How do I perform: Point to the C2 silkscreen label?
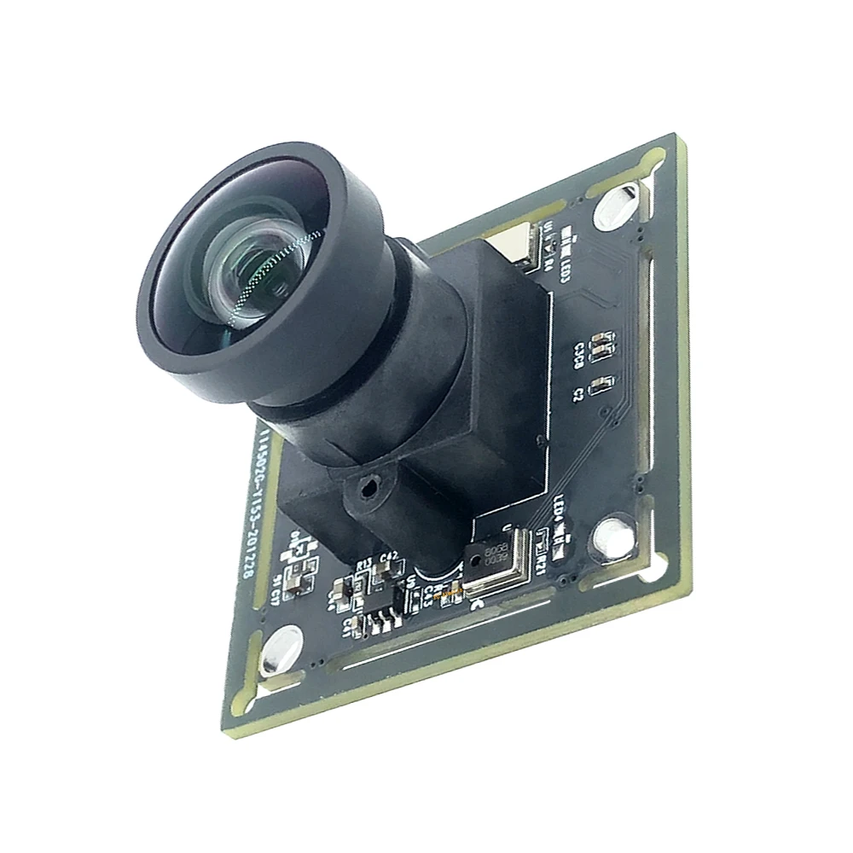point(577,393)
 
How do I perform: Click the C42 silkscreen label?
point(390,555)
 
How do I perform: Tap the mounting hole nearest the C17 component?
point(281,649)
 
